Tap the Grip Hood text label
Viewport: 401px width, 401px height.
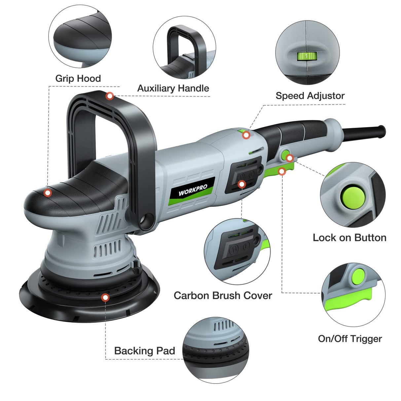click(x=78, y=79)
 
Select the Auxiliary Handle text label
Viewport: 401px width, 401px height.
click(x=173, y=89)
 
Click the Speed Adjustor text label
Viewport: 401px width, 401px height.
click(x=310, y=96)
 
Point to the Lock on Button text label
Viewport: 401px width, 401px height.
click(x=349, y=238)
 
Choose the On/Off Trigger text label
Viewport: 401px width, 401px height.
click(x=350, y=339)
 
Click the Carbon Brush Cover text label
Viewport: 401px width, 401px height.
click(x=223, y=296)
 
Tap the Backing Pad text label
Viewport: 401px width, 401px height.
click(x=144, y=351)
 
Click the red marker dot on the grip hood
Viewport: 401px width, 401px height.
click(x=48, y=193)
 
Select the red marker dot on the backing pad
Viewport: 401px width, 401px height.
click(x=105, y=298)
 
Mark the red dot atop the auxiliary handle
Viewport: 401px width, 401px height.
click(x=110, y=96)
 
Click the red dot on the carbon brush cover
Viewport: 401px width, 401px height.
click(x=242, y=184)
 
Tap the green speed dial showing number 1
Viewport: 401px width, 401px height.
click(x=306, y=56)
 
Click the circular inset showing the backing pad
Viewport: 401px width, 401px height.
click(x=215, y=350)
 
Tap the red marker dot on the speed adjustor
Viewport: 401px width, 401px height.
click(x=246, y=135)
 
